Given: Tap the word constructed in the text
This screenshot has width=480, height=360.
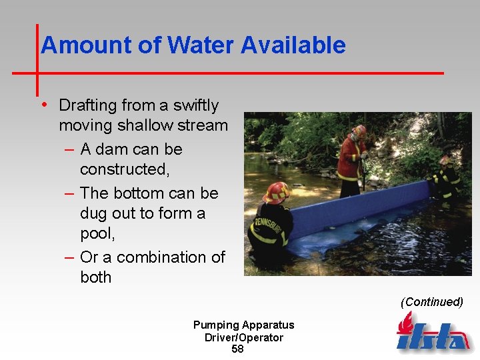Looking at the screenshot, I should (x=124, y=170).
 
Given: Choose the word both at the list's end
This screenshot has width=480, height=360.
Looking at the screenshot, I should (x=96, y=277).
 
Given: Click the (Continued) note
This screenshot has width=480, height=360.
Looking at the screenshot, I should (x=431, y=302).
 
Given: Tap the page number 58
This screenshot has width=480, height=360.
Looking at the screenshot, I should (x=237, y=349).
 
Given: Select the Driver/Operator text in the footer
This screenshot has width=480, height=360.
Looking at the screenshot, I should (x=243, y=337).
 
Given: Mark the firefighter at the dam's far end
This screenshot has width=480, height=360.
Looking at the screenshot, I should (x=446, y=177).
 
